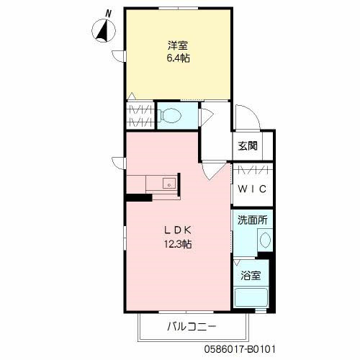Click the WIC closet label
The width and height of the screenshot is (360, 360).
click(x=252, y=189)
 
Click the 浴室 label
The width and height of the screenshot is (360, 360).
click(x=251, y=274)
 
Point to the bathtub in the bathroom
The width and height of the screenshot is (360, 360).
click(x=253, y=297)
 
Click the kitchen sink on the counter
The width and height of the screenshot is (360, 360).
click(x=168, y=183)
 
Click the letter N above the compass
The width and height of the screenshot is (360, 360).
click(x=109, y=12)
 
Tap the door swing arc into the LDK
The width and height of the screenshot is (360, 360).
click(x=210, y=171)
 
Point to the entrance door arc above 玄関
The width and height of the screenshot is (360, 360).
click(x=243, y=119)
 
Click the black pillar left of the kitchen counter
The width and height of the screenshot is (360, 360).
click(x=134, y=196)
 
